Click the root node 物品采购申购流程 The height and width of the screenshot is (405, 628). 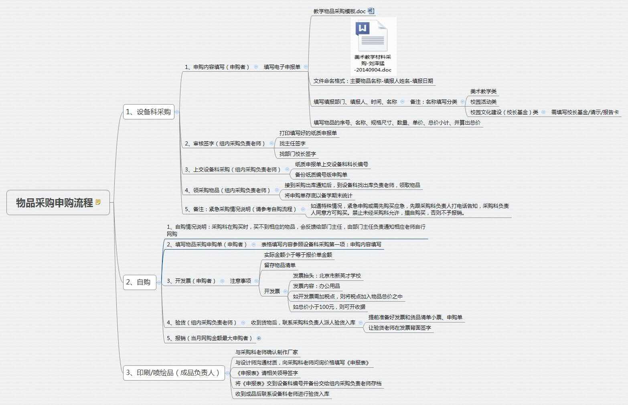point(58,203)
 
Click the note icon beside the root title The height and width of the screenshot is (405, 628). point(98,202)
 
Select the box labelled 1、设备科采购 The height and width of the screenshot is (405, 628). point(149,112)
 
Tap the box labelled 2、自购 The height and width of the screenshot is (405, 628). point(140,282)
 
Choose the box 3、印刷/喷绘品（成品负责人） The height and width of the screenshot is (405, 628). point(174,373)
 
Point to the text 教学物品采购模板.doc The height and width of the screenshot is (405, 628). point(340,11)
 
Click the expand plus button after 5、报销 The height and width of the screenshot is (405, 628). point(259,339)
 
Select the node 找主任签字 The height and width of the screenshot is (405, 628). point(292,143)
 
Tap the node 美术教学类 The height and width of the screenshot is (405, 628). point(483,91)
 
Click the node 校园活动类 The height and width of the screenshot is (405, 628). point(483,102)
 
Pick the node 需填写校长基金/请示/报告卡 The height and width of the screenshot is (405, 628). point(585,112)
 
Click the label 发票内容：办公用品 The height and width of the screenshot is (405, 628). point(316,286)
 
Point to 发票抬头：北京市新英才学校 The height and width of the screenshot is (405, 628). point(327,276)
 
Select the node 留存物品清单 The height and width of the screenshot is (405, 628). point(280,265)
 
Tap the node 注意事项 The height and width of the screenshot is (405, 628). point(241,281)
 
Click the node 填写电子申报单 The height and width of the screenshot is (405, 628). point(282,67)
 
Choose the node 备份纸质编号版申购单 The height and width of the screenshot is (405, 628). point(321,175)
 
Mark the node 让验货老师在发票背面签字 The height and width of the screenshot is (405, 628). point(400,328)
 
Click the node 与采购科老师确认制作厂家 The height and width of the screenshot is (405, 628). point(267,352)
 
